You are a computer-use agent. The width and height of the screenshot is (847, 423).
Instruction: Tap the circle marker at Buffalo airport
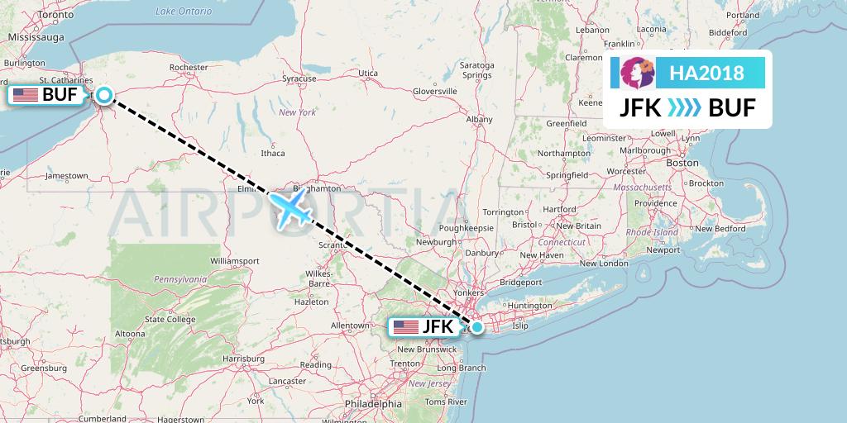104,94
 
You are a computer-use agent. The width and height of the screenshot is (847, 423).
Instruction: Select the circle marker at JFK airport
477,326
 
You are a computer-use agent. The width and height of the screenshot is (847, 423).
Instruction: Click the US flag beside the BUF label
26,95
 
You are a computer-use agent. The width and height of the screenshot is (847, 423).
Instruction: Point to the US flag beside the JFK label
405,326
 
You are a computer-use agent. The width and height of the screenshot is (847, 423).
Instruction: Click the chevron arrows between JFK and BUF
683,107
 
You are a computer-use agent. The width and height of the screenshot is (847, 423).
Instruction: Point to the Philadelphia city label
374,404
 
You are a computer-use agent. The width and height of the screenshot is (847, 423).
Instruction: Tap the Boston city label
682,163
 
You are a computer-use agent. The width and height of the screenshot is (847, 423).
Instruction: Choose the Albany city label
480,120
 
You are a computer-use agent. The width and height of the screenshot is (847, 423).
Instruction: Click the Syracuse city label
299,78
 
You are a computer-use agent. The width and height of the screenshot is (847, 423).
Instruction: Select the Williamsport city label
235,260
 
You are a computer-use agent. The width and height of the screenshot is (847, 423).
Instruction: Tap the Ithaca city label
272,153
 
